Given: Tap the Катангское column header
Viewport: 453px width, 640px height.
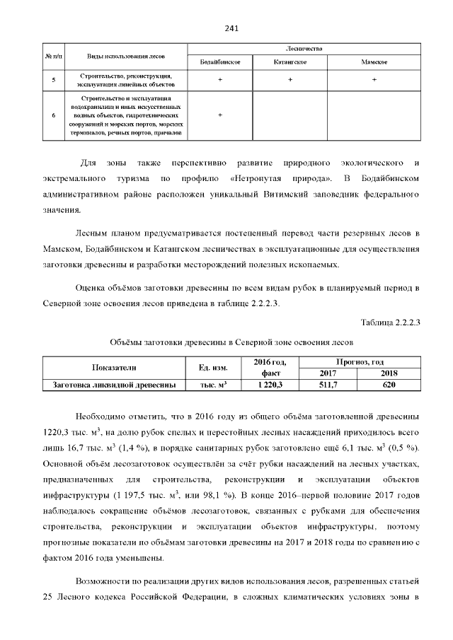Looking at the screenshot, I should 289,62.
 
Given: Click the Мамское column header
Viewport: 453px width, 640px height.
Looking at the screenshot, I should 374,62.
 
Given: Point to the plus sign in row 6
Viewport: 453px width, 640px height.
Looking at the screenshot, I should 220,114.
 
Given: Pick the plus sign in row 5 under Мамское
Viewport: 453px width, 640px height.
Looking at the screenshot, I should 374,80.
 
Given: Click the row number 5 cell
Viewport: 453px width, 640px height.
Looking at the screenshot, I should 54,80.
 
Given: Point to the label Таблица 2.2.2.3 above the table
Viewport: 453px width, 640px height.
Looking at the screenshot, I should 391,323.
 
